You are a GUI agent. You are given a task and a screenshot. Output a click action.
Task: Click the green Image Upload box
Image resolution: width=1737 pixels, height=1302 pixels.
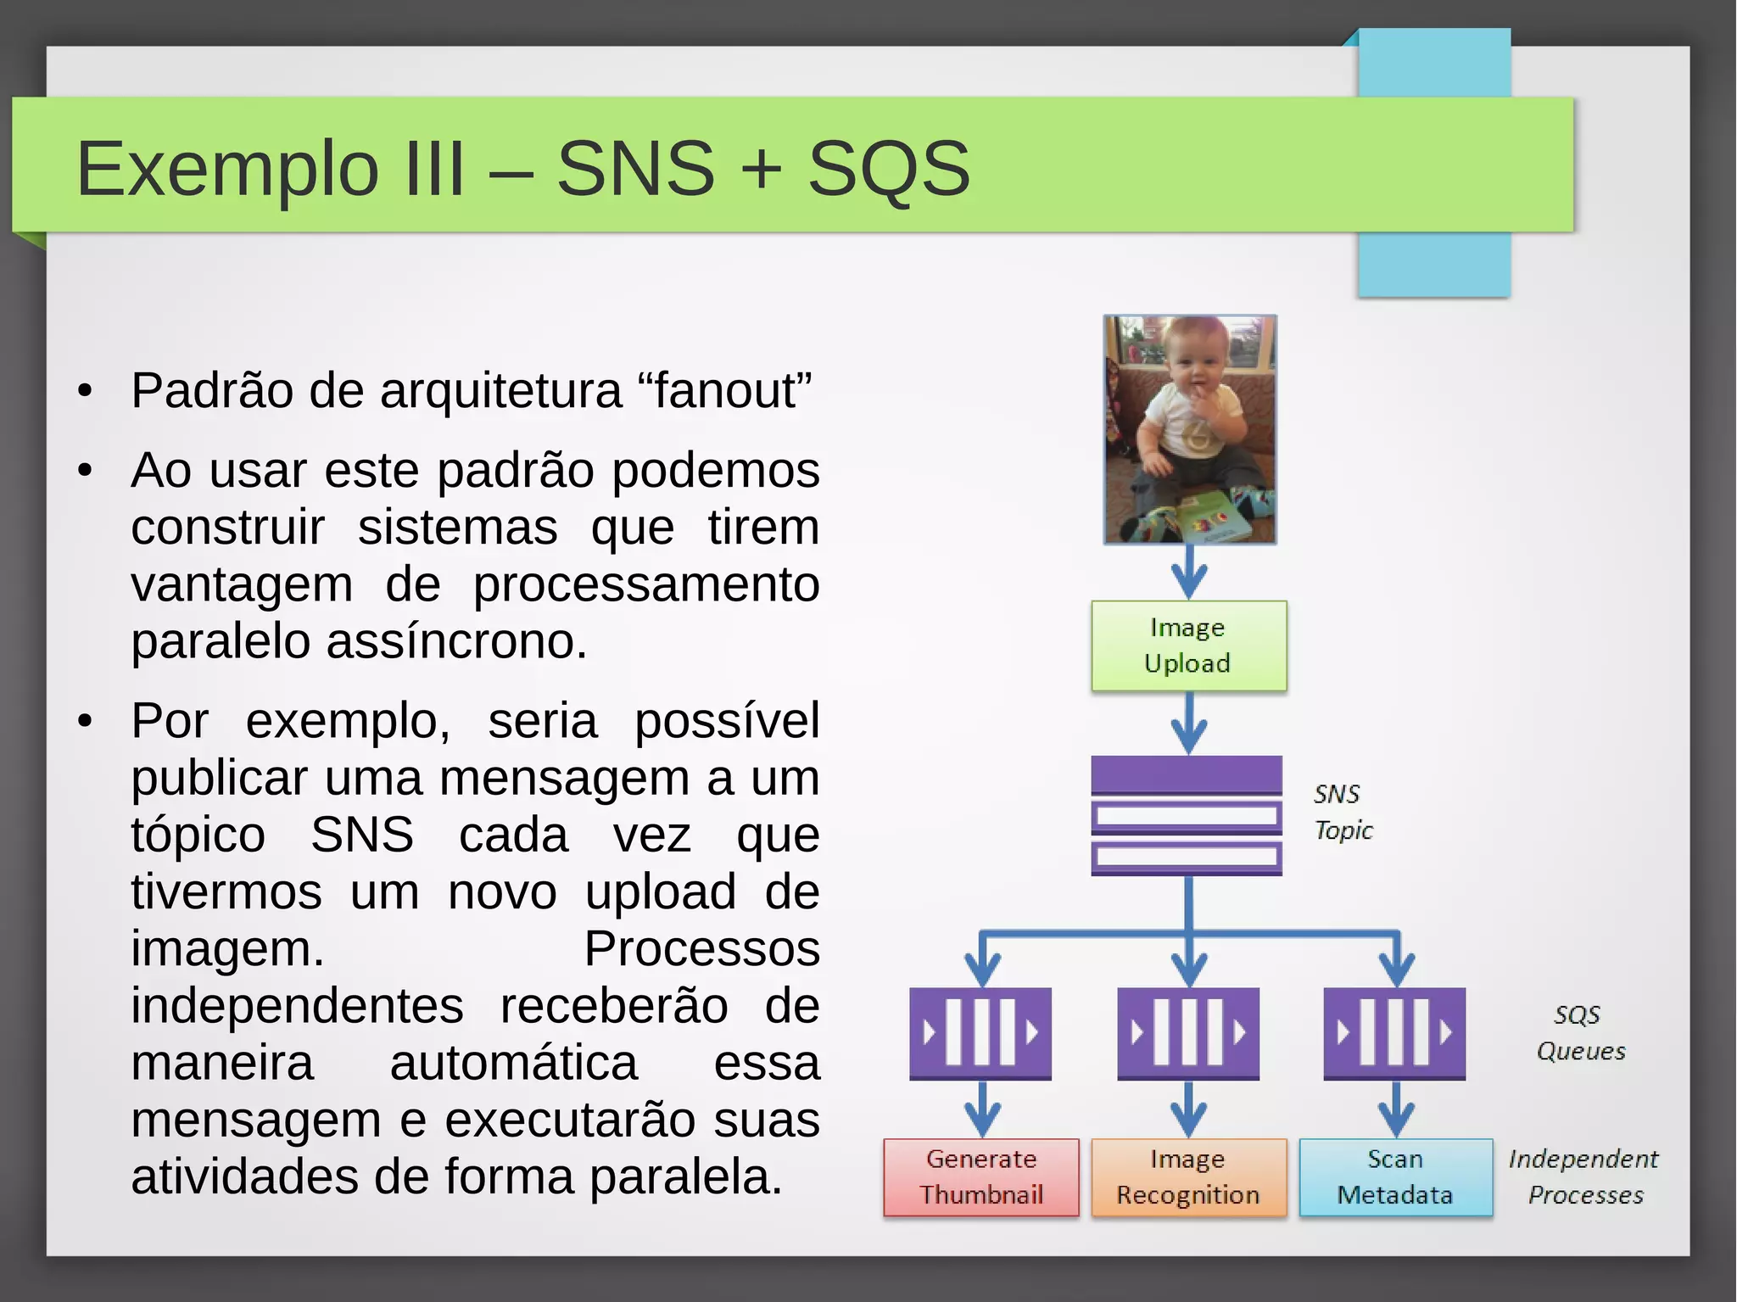click(1188, 645)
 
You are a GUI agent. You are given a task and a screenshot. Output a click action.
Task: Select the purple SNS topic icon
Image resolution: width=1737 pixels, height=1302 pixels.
click(1186, 815)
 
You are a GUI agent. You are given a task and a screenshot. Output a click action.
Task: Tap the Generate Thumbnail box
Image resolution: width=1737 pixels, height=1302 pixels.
click(981, 1177)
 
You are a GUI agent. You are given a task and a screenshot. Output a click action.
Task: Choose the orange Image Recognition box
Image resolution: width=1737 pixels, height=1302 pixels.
click(1188, 1177)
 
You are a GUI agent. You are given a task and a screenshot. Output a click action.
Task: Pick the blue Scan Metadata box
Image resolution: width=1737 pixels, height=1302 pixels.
click(1395, 1177)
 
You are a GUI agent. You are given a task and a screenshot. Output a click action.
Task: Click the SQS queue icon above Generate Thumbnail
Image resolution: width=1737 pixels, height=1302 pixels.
click(980, 1033)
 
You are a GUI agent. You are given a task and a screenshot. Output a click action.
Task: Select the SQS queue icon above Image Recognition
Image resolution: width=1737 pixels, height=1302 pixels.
click(1188, 1033)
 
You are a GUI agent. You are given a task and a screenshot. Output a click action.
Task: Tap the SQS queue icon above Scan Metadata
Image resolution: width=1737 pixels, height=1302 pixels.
click(1395, 1033)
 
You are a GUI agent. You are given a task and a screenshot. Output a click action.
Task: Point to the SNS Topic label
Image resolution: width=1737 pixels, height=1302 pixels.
click(1342, 812)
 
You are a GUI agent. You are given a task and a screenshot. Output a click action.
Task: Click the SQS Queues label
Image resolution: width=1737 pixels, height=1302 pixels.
click(1580, 1033)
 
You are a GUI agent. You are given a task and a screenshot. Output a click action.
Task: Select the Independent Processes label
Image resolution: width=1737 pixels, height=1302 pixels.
click(1583, 1177)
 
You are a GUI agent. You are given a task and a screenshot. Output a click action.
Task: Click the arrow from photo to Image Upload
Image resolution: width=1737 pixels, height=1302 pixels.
click(1189, 573)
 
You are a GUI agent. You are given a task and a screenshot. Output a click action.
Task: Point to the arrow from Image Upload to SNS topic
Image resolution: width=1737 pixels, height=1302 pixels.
click(1189, 724)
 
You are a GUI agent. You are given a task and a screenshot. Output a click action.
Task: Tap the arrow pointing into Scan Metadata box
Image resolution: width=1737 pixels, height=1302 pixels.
click(1396, 1109)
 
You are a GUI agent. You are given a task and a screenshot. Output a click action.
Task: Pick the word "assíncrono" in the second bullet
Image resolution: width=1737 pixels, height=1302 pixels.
click(456, 641)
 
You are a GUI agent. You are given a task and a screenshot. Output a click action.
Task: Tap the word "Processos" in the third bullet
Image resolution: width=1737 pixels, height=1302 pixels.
click(701, 948)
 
